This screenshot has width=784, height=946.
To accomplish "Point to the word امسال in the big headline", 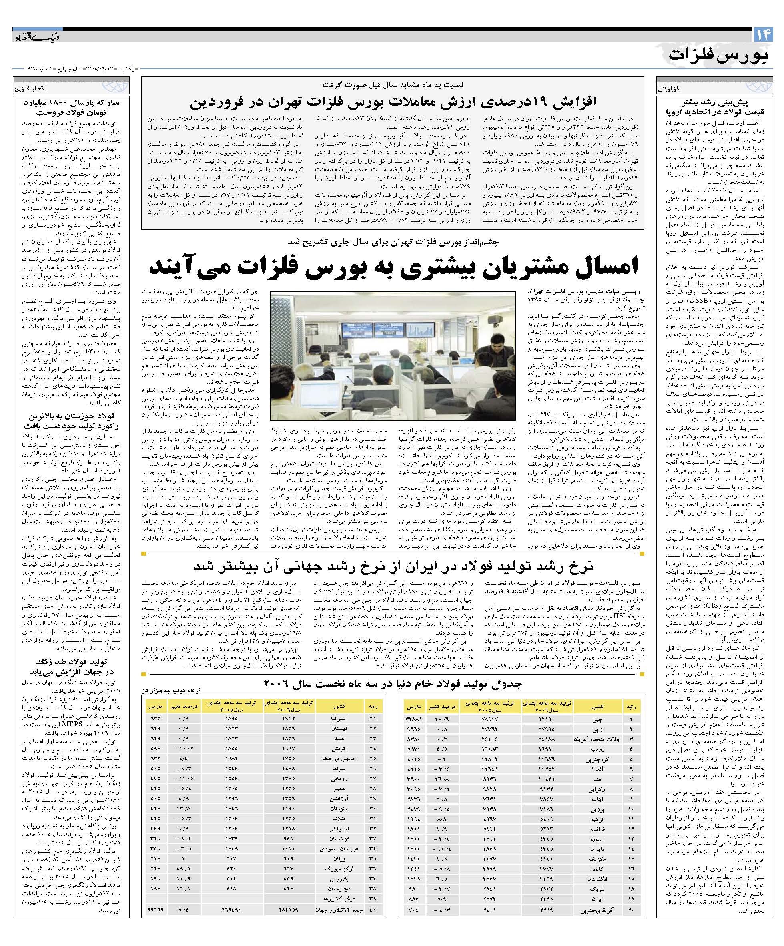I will click(x=601, y=267).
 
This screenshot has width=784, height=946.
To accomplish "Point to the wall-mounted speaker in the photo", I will click(x=495, y=319).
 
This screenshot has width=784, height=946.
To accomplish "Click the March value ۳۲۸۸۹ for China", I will click(x=413, y=719).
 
